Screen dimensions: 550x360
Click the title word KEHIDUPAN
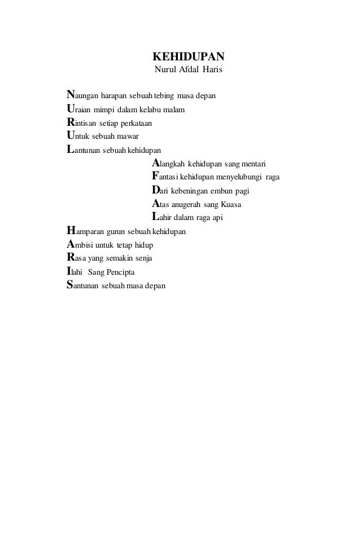(189, 58)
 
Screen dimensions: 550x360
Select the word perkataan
(134, 123)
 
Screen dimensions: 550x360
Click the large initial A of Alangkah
(157, 164)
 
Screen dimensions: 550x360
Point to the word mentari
(257, 164)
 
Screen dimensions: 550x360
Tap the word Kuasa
(232, 205)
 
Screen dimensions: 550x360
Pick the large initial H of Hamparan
(71, 231)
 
